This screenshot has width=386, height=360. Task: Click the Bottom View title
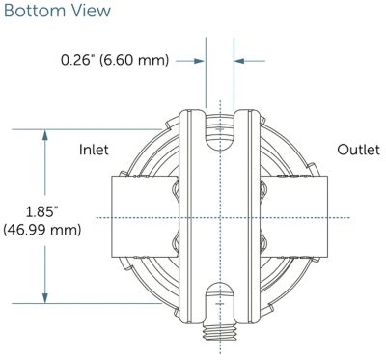point(57,11)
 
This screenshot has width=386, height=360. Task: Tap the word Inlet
point(94,150)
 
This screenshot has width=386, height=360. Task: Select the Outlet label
point(358,150)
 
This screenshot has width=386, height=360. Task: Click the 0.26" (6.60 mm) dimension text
point(115,60)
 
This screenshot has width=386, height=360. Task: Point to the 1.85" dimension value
point(41,212)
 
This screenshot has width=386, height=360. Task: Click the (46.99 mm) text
point(41,230)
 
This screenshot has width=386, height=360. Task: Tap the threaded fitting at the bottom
point(220,331)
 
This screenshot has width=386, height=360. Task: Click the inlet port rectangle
point(145,216)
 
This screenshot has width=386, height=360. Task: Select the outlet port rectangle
point(293,216)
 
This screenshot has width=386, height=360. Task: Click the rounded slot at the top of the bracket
point(220,132)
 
